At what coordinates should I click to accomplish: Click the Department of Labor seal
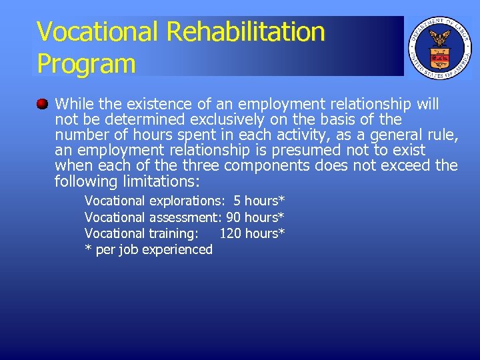pos(439,47)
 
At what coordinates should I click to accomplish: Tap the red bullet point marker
pos(42,104)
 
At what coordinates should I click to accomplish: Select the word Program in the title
pos(86,63)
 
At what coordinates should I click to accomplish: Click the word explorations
pos(186,201)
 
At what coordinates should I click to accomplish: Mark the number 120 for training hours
pos(231,233)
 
